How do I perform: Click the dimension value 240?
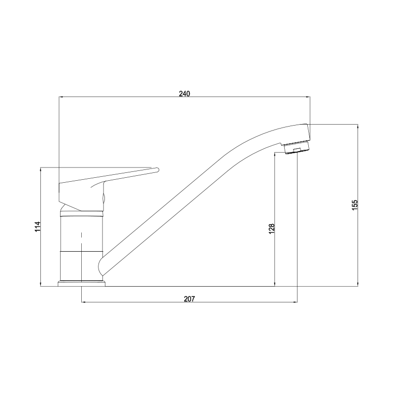(184, 94)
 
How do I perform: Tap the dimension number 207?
(190, 299)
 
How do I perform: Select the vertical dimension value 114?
(37, 227)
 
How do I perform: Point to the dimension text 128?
(272, 229)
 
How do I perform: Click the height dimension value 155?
(354, 205)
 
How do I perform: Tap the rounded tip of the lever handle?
(157, 170)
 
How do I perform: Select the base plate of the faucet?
(82, 284)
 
